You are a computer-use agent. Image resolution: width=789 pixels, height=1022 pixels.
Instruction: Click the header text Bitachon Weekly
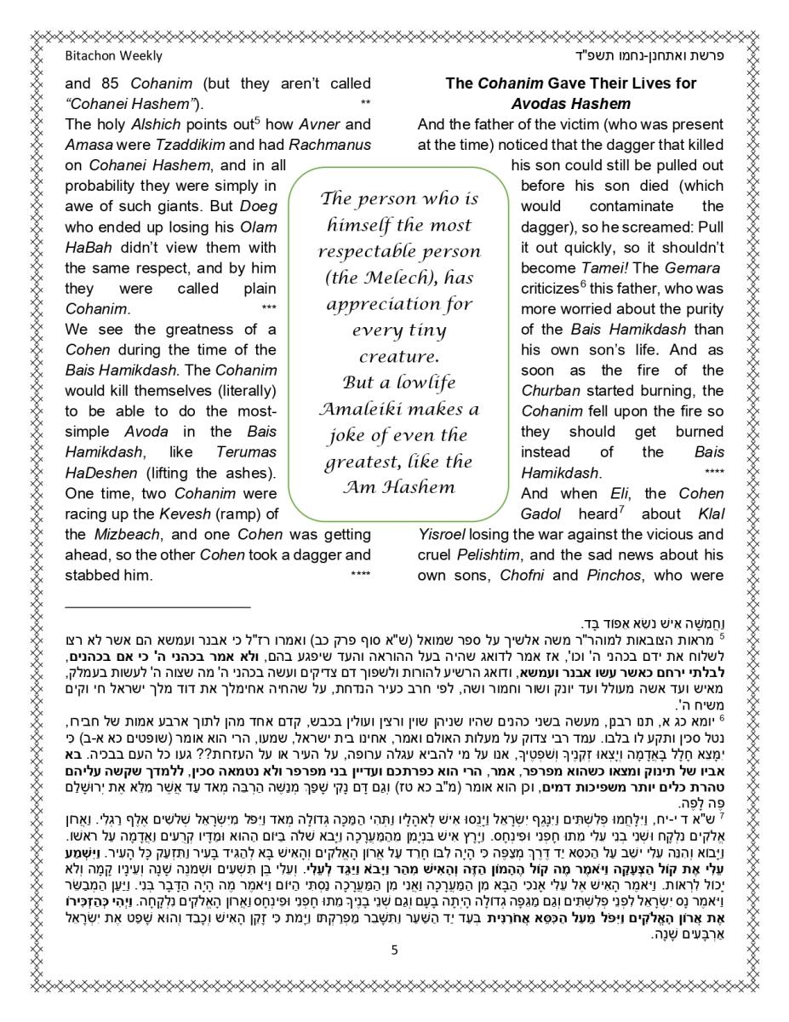pyautogui.click(x=113, y=55)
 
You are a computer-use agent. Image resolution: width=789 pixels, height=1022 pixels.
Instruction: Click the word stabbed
pyautogui.click(x=94, y=576)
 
